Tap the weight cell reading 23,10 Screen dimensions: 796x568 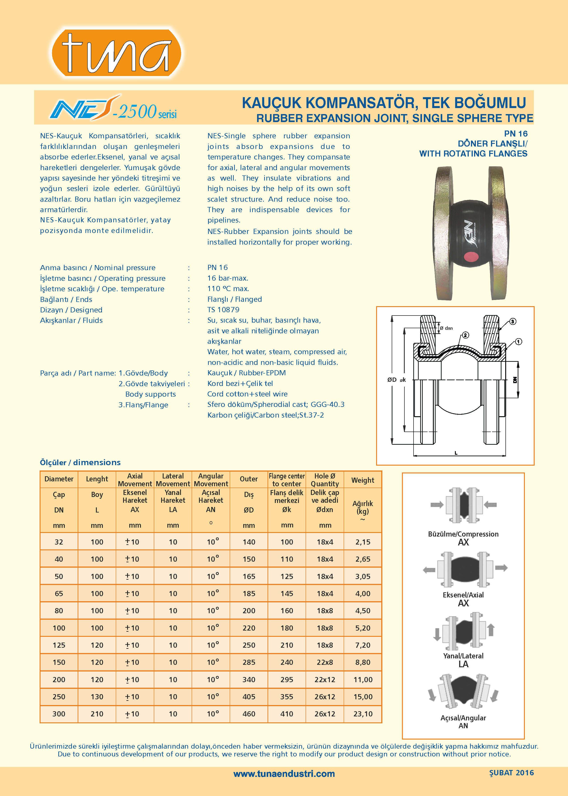coord(363,714)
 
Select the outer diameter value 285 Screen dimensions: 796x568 coord(249,662)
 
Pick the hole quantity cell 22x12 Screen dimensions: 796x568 coord(325,680)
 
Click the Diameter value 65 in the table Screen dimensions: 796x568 coord(59,593)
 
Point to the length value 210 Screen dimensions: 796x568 coord(97,714)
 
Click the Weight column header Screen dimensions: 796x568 coord(363,480)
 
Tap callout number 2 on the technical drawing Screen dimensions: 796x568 coord(466,335)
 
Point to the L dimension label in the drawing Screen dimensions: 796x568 coord(456,453)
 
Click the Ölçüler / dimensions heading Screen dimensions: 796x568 coord(80,462)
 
